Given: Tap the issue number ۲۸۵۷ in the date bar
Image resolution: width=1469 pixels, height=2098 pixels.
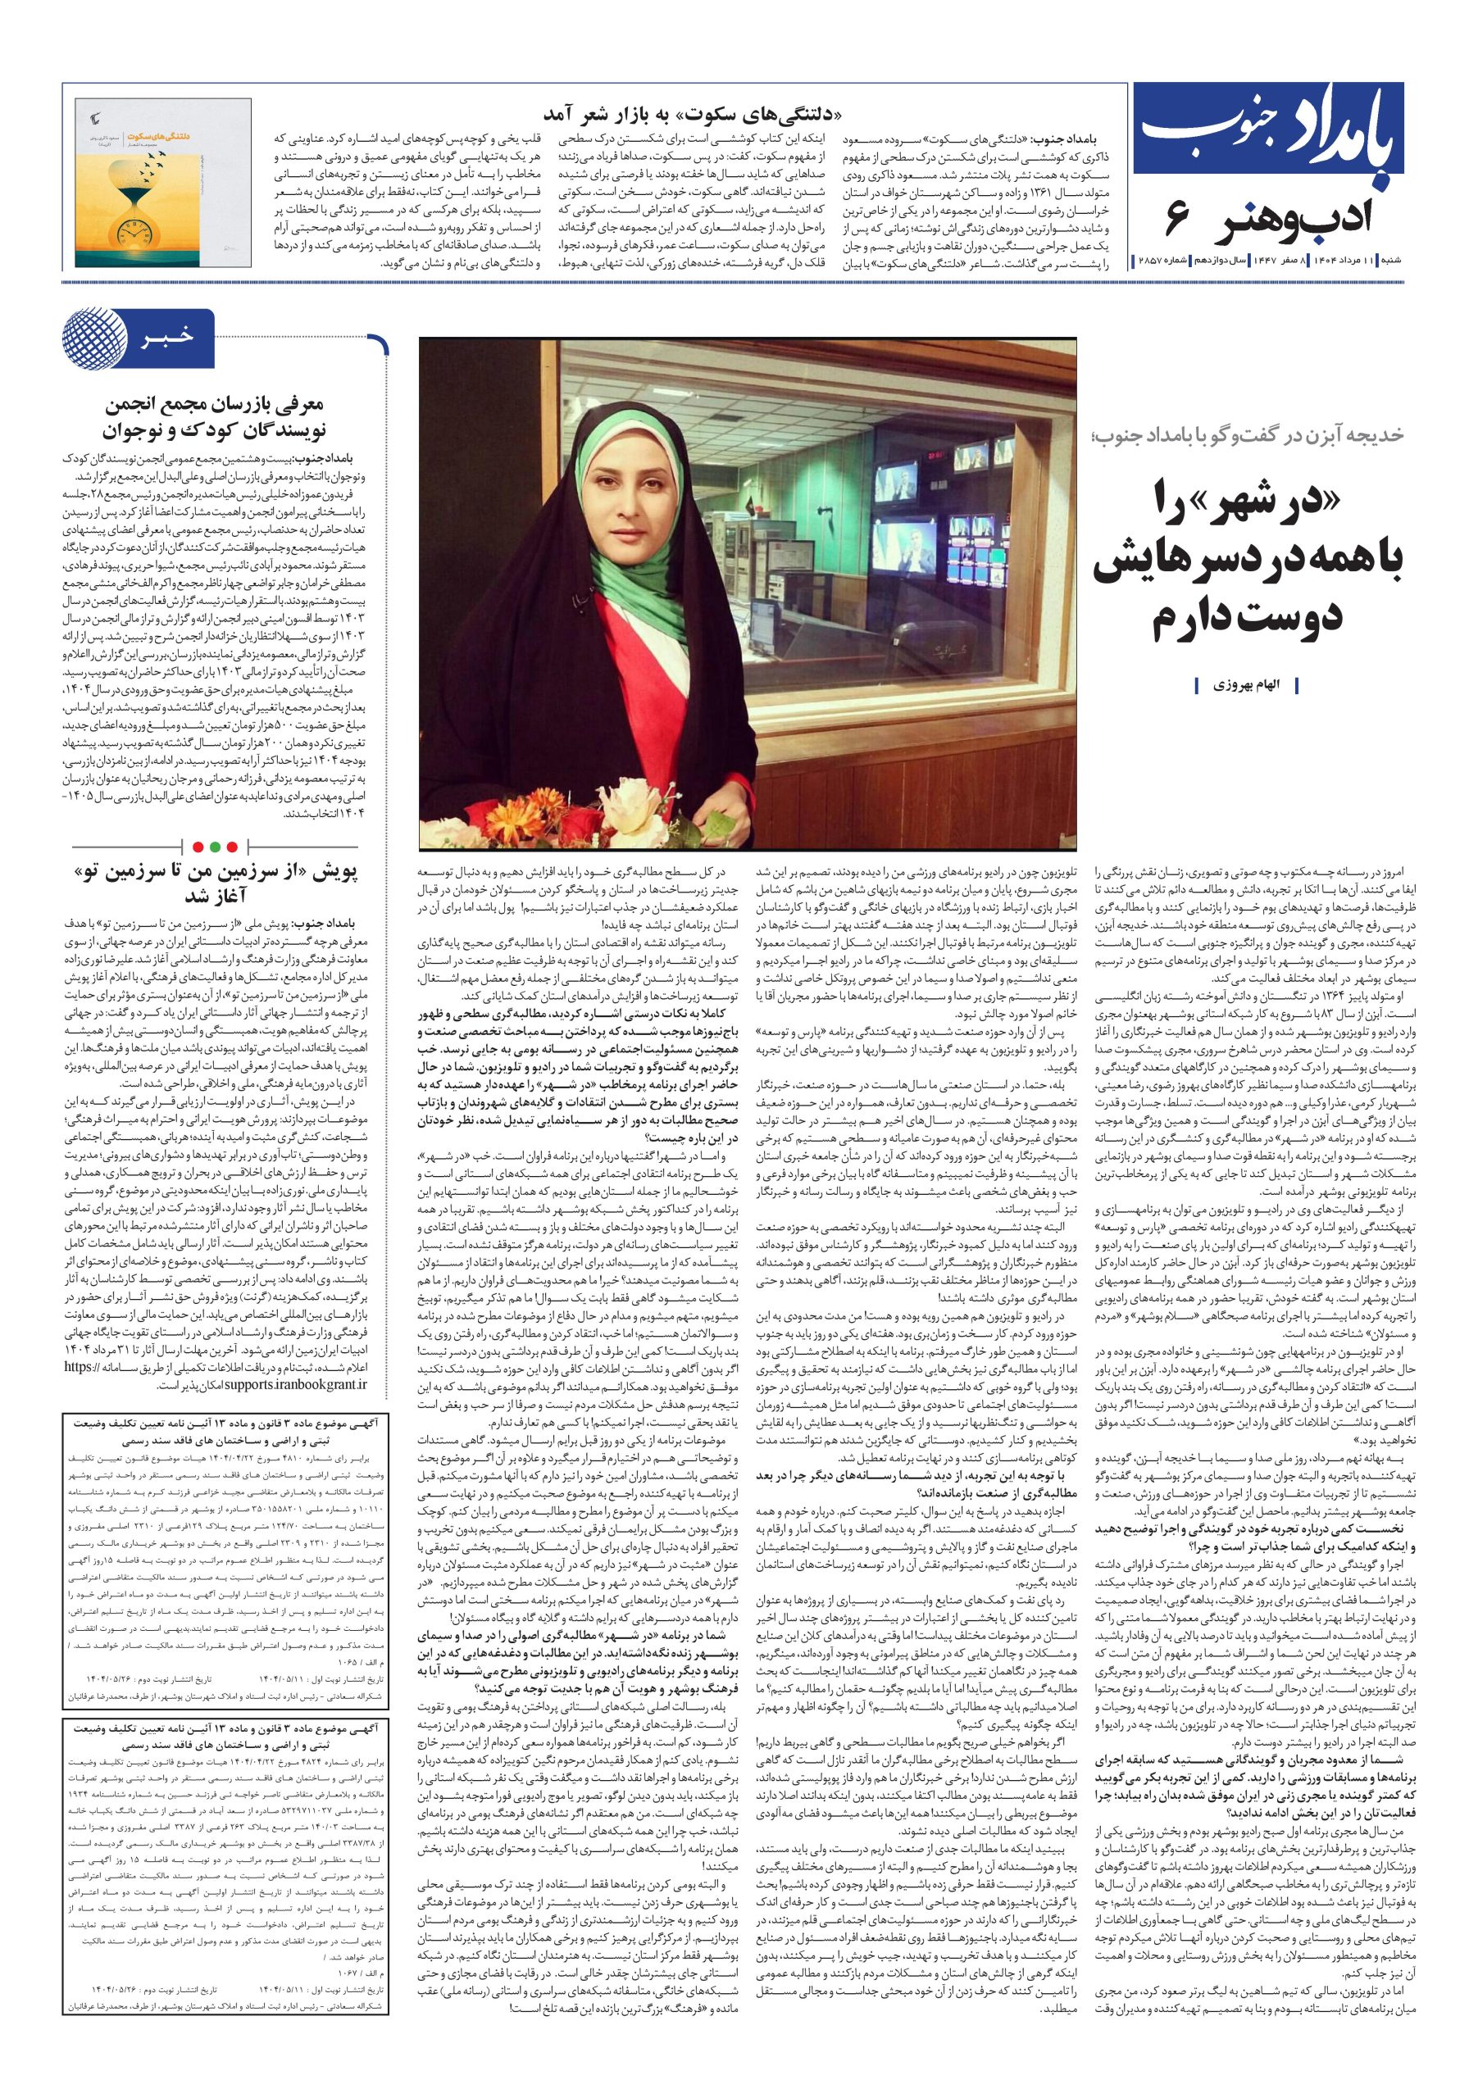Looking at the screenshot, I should pos(1153,261).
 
